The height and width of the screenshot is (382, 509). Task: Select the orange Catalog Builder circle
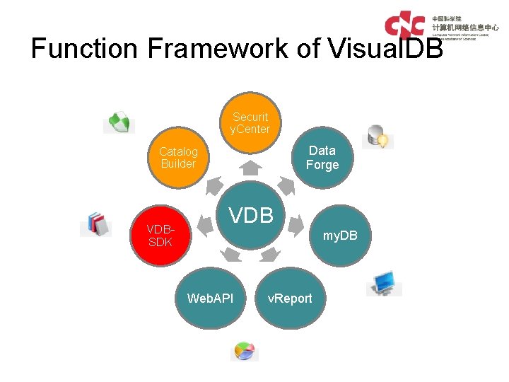point(178,158)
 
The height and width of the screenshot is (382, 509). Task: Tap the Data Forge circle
point(322,158)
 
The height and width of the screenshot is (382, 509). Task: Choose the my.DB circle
point(340,235)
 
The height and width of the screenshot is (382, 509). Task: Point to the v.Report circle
point(289,298)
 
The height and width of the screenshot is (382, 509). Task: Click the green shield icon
point(118,122)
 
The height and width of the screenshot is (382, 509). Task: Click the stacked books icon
point(97,224)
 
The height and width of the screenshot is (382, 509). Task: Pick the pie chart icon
point(245,352)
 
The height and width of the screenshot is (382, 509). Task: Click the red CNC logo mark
point(404,25)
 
